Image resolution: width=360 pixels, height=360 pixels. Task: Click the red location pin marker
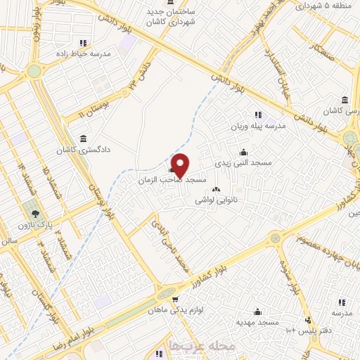(x=180, y=165)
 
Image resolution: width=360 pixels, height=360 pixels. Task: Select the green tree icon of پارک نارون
(x=32, y=213)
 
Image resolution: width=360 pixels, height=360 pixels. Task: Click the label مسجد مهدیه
(x=258, y=321)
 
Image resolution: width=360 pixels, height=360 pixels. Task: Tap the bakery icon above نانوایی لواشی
(x=215, y=188)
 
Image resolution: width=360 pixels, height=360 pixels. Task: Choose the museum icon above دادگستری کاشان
(x=84, y=138)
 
